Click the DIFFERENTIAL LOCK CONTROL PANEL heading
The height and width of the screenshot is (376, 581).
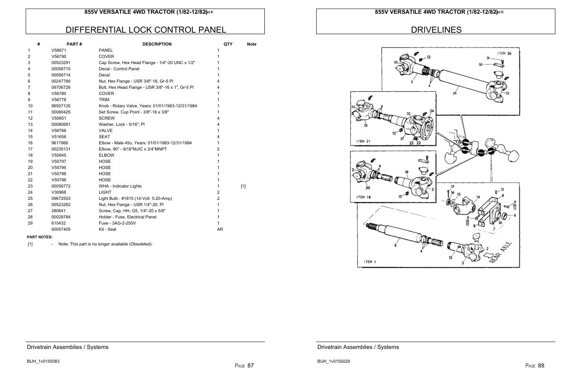[x=145, y=30]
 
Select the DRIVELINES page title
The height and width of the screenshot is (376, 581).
[x=436, y=30]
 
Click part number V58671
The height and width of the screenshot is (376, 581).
[x=59, y=50]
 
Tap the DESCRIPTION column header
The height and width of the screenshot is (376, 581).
[x=157, y=44]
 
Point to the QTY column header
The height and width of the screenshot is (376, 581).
[x=228, y=44]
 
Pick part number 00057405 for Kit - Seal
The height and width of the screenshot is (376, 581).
[x=61, y=229]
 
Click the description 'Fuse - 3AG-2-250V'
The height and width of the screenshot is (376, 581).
[x=117, y=223]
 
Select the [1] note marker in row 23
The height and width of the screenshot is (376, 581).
[x=243, y=186]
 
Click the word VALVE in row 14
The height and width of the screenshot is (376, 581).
[x=105, y=131]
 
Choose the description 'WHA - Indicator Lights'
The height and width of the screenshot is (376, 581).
[x=120, y=186]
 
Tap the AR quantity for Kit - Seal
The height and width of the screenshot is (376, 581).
[x=220, y=229]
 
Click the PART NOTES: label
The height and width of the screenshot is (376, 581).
[x=40, y=237]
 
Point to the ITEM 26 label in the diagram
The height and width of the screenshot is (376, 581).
[x=504, y=53]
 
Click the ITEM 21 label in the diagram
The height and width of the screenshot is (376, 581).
[x=363, y=141]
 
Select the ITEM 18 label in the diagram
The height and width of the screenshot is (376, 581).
[x=363, y=197]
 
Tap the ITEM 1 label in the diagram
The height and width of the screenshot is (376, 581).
[x=370, y=262]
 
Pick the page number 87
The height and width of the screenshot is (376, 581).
[x=250, y=366]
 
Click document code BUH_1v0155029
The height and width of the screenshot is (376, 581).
[x=334, y=361]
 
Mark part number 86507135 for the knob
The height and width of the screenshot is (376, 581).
[x=61, y=106]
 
